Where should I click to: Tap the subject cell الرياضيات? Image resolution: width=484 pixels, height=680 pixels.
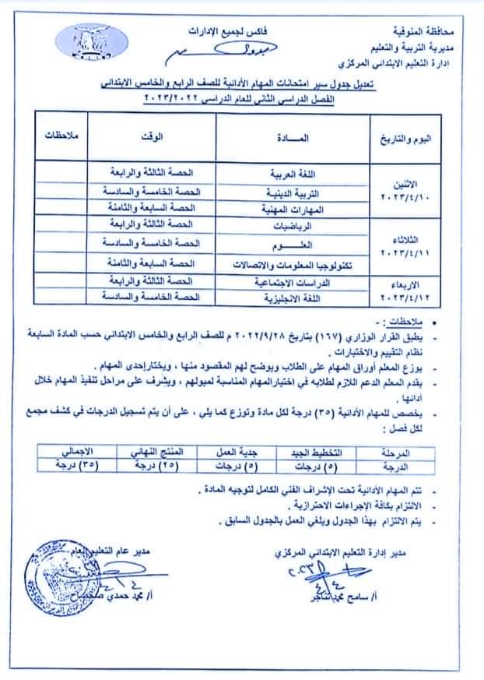pos(320,226)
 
